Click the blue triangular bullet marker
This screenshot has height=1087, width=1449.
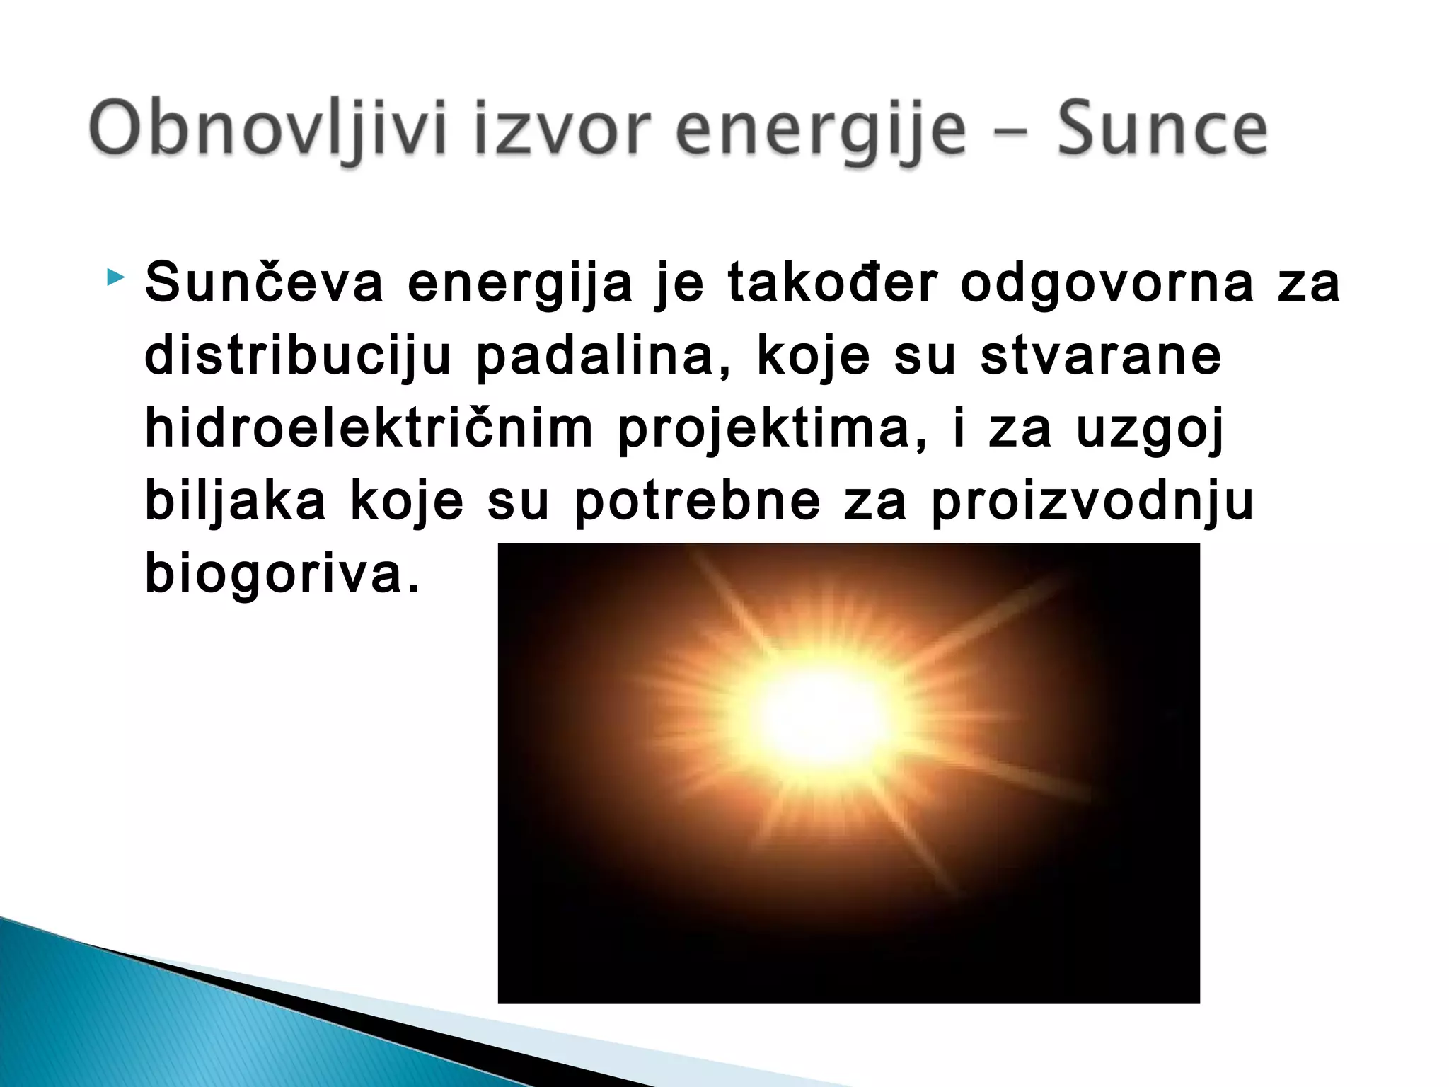click(x=115, y=277)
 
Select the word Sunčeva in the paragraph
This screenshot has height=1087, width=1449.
click(x=264, y=282)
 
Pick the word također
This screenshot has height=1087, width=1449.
click(x=833, y=282)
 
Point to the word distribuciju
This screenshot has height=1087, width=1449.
click(x=298, y=356)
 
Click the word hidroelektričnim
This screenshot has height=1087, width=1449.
click(x=369, y=428)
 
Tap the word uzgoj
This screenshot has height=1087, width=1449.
click(x=1150, y=429)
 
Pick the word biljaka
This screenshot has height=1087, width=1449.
click(x=236, y=501)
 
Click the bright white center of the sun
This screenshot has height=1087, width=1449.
click(x=821, y=715)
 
